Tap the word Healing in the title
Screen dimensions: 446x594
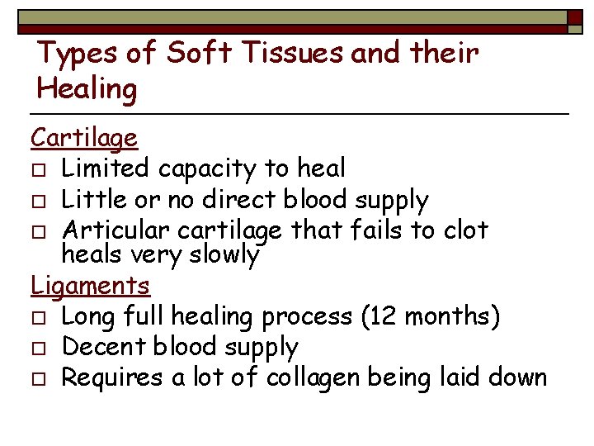(x=87, y=88)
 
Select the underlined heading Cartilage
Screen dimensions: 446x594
(x=84, y=137)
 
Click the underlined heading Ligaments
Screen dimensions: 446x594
(x=91, y=286)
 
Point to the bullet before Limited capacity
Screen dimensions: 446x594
(x=38, y=170)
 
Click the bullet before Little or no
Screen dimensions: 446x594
(x=38, y=202)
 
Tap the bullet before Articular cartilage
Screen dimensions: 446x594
(x=38, y=232)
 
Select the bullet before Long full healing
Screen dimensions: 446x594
(x=38, y=318)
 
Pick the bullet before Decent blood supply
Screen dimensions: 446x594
(x=38, y=349)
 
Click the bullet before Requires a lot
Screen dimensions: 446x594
(x=38, y=379)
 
